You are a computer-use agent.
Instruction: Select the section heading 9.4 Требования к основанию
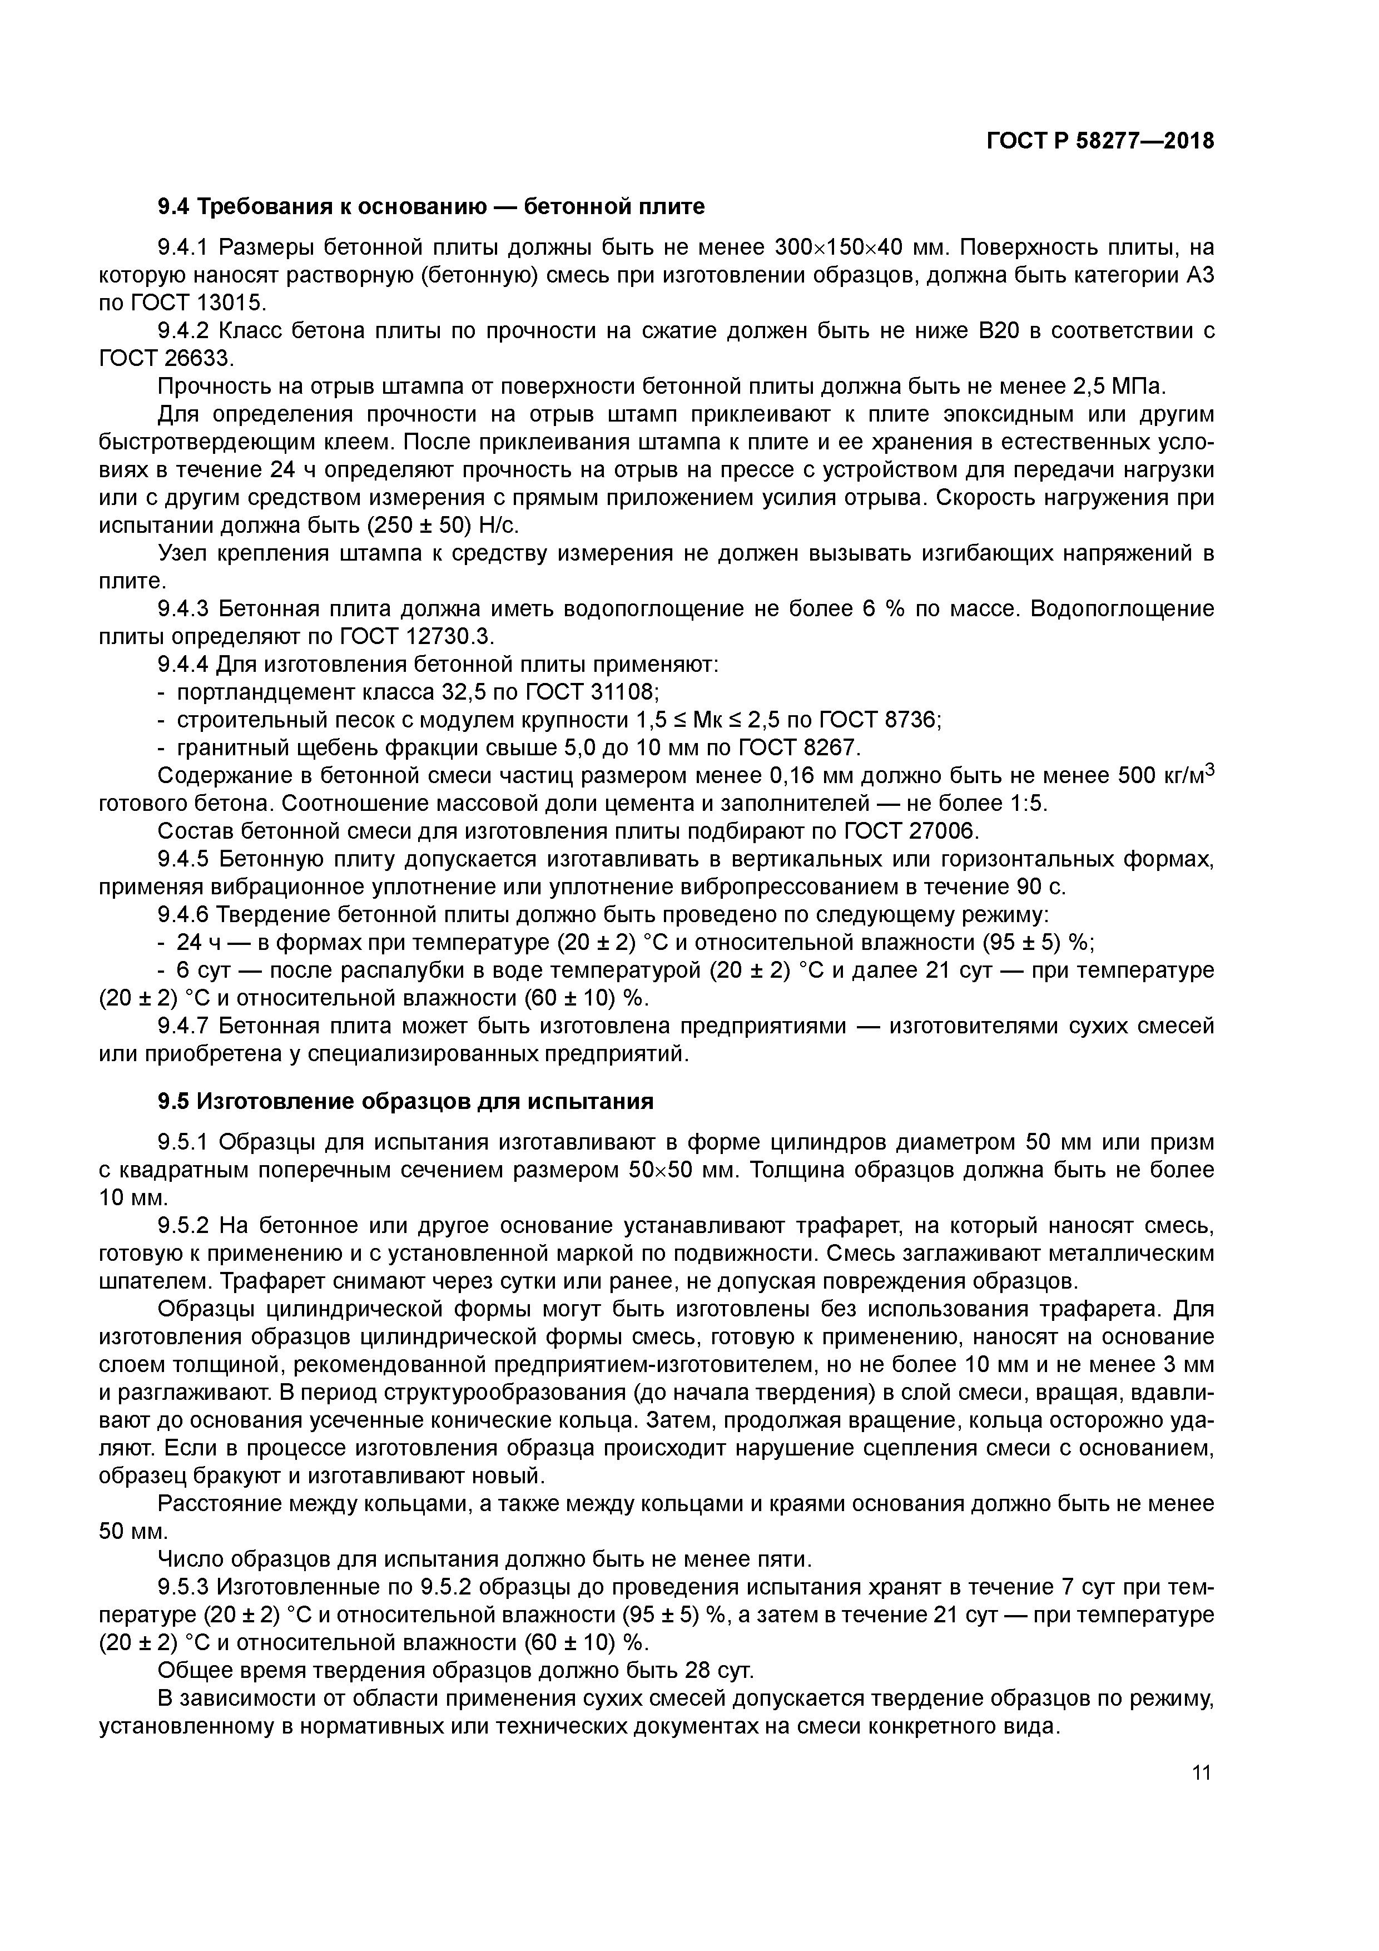click(431, 206)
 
